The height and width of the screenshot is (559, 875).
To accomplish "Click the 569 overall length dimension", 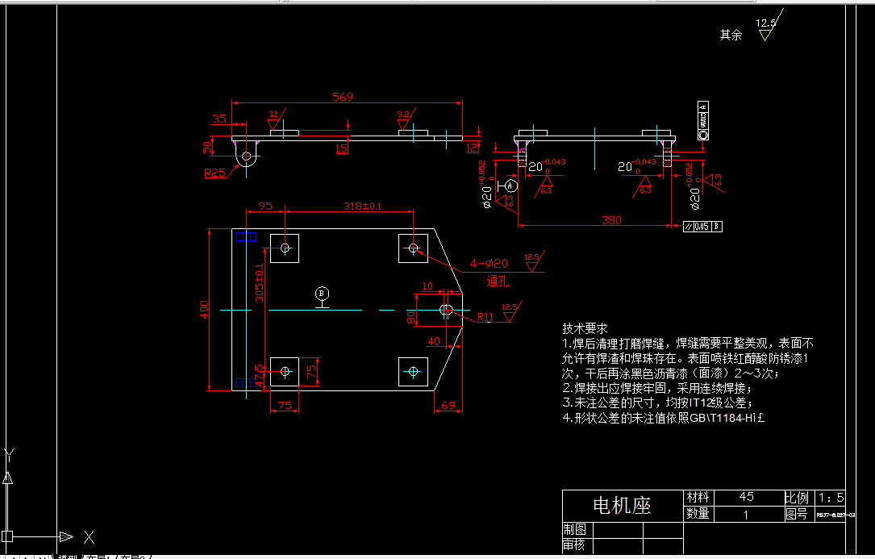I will [x=343, y=97].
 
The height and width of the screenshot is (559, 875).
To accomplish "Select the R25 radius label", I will [x=215, y=172].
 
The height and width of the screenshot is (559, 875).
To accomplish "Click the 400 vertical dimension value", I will [x=205, y=307].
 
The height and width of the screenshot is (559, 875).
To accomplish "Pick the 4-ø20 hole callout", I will [x=490, y=263].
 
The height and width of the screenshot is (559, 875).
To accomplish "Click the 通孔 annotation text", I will [x=498, y=282].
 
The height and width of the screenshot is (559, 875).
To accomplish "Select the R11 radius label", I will [x=485, y=317].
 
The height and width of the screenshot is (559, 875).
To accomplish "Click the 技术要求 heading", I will [x=585, y=328].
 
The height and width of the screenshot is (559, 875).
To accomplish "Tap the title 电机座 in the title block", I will [x=622, y=506].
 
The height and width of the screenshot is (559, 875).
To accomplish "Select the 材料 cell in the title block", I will [x=698, y=497].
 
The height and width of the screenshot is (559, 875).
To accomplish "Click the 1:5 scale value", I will [x=831, y=497].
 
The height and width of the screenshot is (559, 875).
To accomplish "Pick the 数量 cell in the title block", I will [x=698, y=513].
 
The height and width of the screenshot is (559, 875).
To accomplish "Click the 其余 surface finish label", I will [x=731, y=35].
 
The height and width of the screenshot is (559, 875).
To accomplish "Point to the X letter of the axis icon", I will [x=90, y=536].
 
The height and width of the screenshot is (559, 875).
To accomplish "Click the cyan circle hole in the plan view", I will [x=413, y=371].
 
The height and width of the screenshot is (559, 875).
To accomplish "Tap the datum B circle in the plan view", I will [x=322, y=293].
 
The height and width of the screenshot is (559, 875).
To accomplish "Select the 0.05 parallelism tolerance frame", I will [x=702, y=226].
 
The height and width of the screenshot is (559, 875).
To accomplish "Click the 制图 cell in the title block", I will [x=575, y=529].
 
